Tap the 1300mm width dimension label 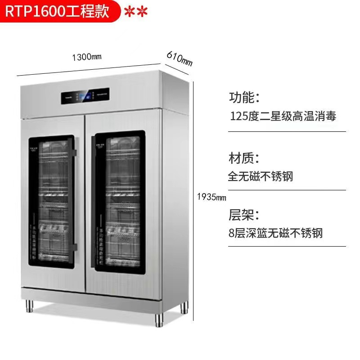click(x=87, y=57)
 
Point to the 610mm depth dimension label click(x=180, y=58)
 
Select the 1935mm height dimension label click(x=211, y=197)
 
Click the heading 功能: click(x=244, y=97)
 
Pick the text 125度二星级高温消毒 click(x=283, y=117)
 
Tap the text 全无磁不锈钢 click(x=261, y=176)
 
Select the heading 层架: click(x=244, y=214)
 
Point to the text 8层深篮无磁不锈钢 click(x=275, y=233)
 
